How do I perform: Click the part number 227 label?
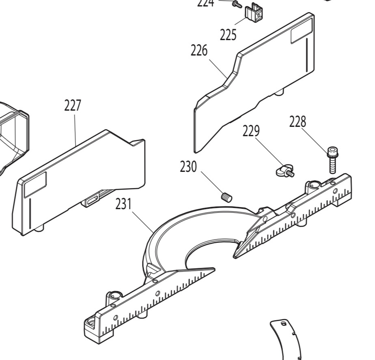coord(73,106)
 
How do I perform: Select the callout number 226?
coord(199,51)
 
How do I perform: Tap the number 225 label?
coord(228,35)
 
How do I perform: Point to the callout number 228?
coord(297,122)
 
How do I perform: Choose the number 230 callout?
coord(188,166)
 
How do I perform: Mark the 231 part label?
coord(123,204)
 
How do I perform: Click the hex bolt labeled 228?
coord(332,161)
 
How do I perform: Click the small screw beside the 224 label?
coord(237,4)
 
